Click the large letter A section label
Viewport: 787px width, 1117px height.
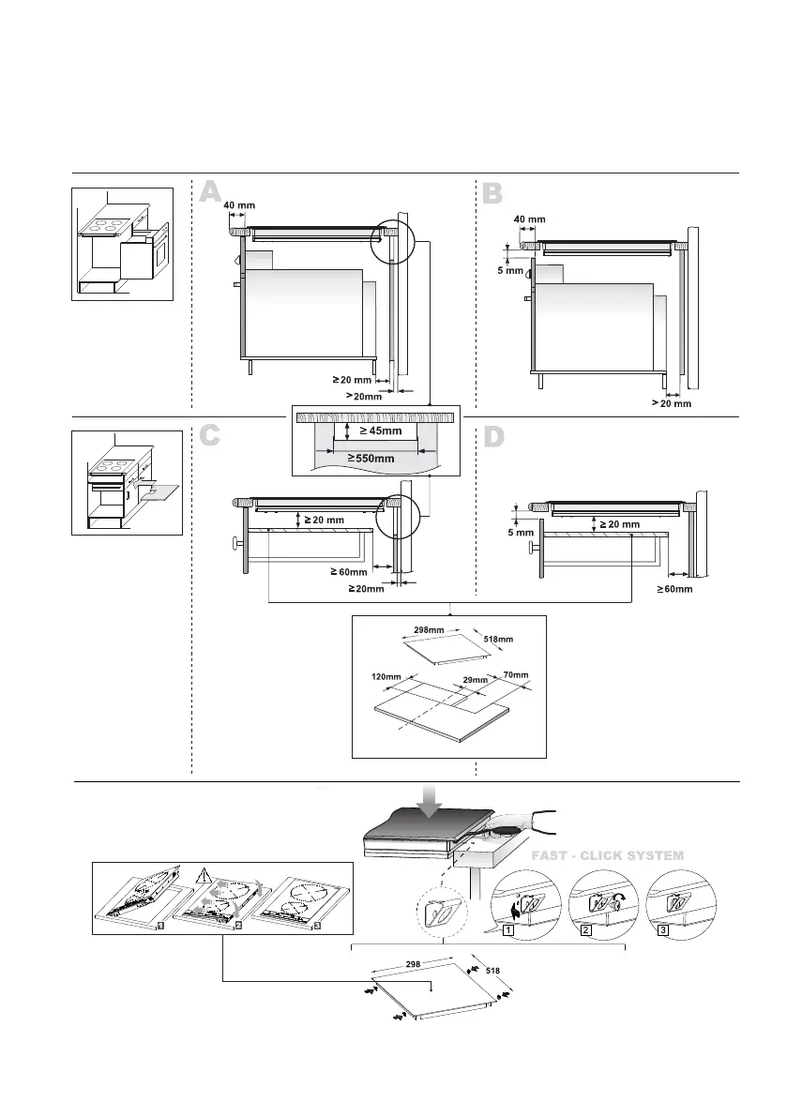click(210, 192)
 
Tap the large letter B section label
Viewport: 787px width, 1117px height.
click(493, 193)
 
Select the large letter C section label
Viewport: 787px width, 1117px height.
click(210, 436)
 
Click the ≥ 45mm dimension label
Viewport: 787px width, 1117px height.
click(380, 431)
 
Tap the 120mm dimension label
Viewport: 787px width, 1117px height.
click(386, 675)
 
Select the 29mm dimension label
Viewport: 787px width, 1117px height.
click(476, 680)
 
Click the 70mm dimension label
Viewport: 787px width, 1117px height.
click(516, 674)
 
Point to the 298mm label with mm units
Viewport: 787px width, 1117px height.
click(429, 630)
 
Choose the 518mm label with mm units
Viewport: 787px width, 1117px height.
click(498, 640)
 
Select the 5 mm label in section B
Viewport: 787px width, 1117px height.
click(508, 271)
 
